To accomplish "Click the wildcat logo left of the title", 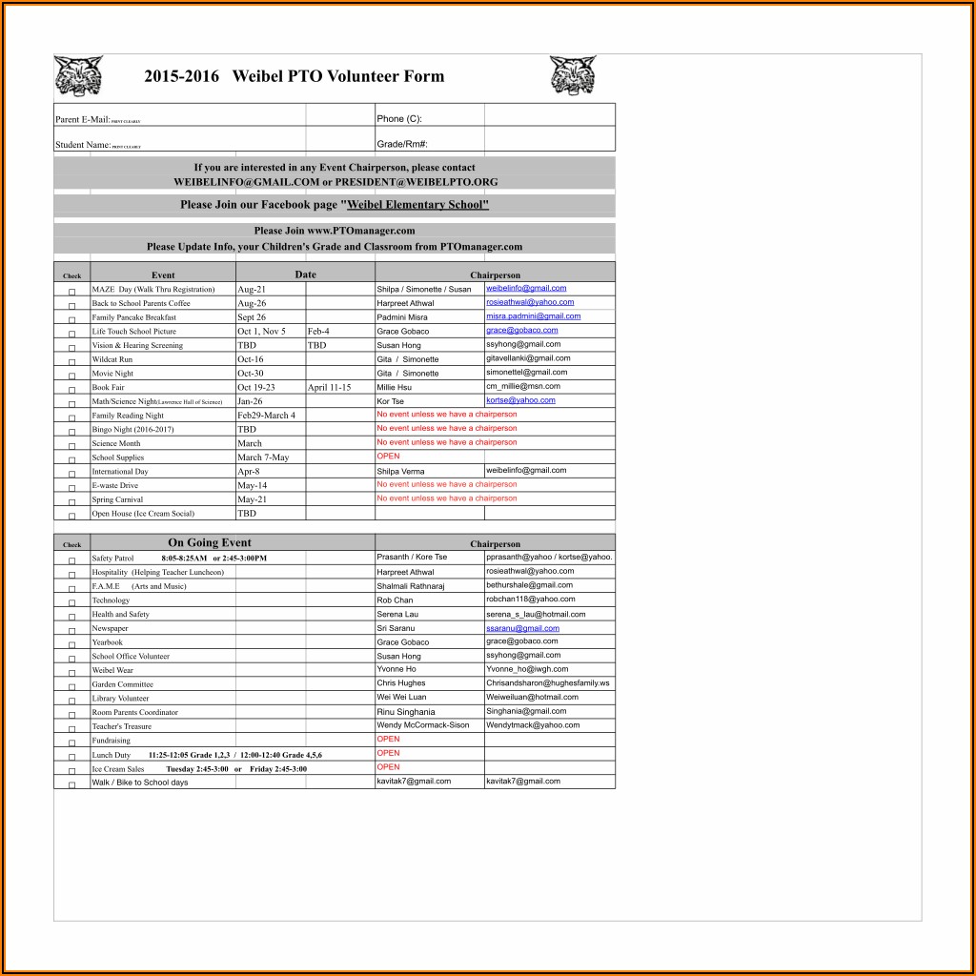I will tap(78, 75).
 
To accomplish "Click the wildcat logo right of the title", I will tap(573, 75).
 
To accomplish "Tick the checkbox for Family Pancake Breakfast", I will tap(71, 318).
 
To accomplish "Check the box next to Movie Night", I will tap(71, 375).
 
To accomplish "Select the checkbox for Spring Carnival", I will tap(71, 500).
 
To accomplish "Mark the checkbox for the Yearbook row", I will tap(71, 643).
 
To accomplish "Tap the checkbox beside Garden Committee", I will tap(71, 685).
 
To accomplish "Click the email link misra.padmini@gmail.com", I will tap(533, 316).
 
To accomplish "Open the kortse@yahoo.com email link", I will tap(520, 400).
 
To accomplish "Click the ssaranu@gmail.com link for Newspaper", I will tap(522, 628).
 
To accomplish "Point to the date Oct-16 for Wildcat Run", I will tap(251, 359).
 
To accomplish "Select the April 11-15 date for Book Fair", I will tap(329, 388).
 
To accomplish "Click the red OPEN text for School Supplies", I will tap(388, 457).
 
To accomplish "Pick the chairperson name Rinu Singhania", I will tap(405, 712).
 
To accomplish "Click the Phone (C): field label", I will tap(398, 119).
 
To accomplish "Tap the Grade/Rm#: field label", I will tap(401, 144).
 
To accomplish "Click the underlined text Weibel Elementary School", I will tap(417, 205).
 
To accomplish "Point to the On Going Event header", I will tap(210, 543).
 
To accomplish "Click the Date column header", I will tap(305, 274).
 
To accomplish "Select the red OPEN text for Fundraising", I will tap(388, 739).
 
